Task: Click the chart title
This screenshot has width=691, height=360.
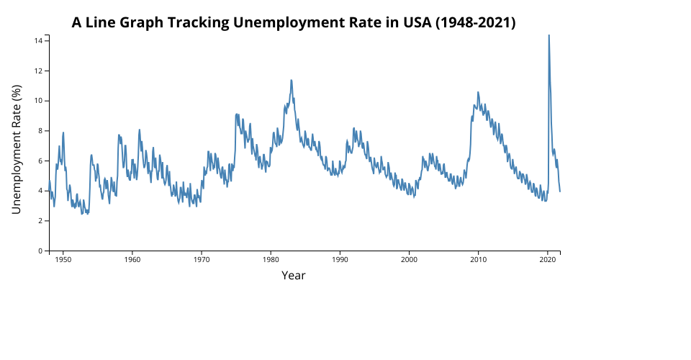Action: pyautogui.click(x=294, y=22)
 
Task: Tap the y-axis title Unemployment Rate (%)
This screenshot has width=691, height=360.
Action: pyautogui.click(x=17, y=149)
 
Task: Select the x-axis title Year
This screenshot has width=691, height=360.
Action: pyautogui.click(x=294, y=275)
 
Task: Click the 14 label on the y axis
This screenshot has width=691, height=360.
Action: pyautogui.click(x=39, y=40)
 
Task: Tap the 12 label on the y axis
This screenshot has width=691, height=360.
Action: pyautogui.click(x=39, y=71)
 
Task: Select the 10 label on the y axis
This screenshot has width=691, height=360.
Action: pyautogui.click(x=39, y=101)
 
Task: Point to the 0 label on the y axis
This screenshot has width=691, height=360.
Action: pyautogui.click(x=41, y=251)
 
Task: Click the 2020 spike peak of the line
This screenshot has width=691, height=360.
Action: pyautogui.click(x=548, y=35)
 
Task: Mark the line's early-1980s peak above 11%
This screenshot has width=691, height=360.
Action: pyautogui.click(x=292, y=80)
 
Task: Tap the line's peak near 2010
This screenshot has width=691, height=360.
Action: pyautogui.click(x=478, y=92)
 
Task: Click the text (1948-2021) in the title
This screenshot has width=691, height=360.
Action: pyautogui.click(x=476, y=22)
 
